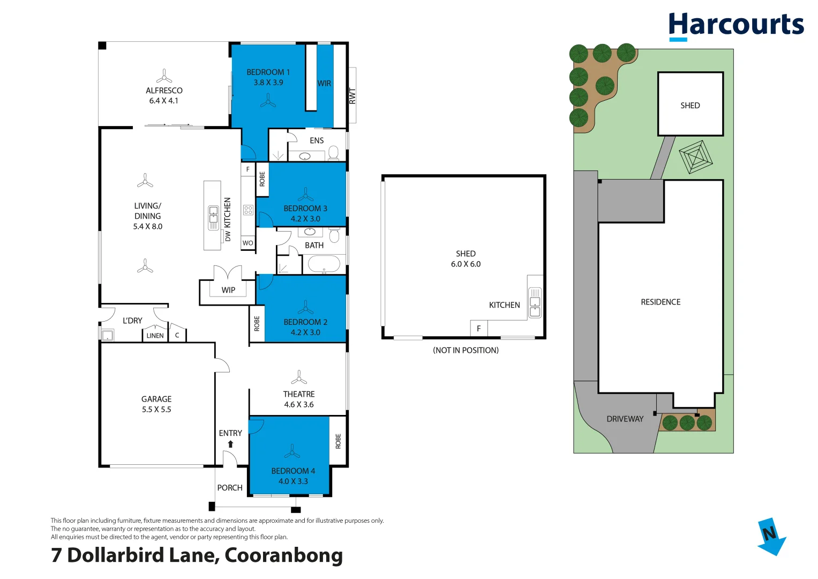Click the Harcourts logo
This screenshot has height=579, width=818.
736,26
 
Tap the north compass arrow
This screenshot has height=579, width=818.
771,536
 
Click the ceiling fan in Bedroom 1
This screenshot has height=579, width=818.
268,100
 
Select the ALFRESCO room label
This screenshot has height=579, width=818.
164,91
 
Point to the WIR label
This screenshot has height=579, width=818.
324,84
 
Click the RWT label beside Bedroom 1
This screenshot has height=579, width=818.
352,96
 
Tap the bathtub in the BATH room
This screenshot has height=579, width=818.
324,264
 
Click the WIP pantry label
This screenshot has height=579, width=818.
228,290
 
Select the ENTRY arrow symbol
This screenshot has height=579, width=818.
230,444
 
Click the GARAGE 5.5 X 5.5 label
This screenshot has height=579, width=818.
156,404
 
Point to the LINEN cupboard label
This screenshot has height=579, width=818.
155,336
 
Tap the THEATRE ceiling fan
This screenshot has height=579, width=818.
299,377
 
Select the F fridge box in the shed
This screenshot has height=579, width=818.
479,329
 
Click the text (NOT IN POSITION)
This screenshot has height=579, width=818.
466,350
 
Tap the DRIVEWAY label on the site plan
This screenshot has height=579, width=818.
625,419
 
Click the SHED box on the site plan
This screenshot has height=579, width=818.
690,105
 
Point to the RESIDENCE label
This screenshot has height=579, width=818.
661,302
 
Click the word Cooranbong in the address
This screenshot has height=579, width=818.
283,555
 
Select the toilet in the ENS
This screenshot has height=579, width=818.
333,153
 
